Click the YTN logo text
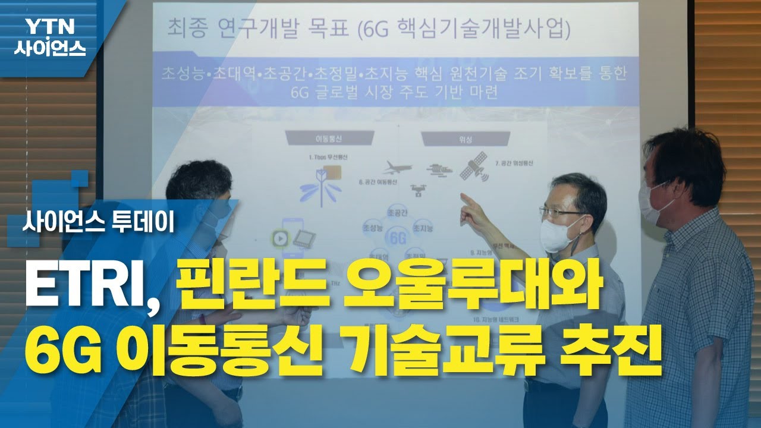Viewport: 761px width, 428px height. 49,27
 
